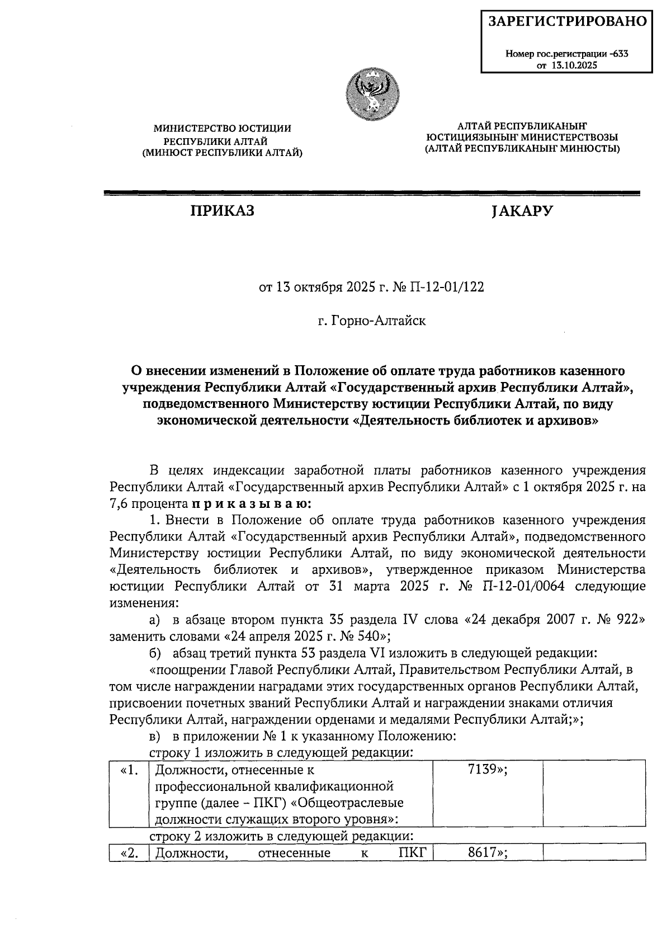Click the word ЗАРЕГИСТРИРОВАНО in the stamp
pos(568,22)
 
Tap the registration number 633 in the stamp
pos(620,54)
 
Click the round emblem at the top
pos(372,91)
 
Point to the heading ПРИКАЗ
pos(222,211)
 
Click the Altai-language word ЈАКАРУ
pos(522,211)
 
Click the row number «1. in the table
pos(129,770)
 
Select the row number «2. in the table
pos(129,853)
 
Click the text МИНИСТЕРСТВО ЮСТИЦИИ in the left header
pos(222,129)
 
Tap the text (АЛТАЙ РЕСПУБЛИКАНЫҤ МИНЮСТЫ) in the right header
pos(522,148)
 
